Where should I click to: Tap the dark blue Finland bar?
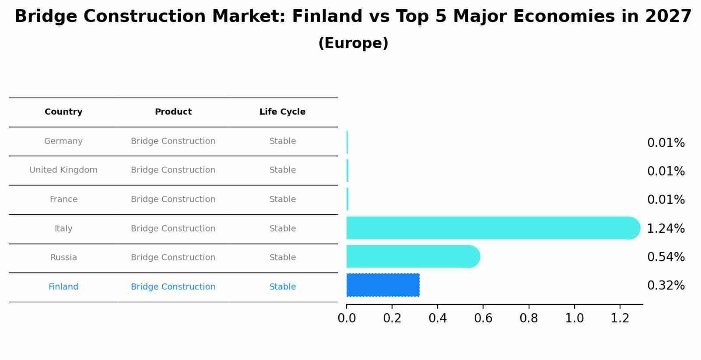tap(383, 285)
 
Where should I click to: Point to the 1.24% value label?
tap(666, 228)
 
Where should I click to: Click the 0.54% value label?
tap(666, 257)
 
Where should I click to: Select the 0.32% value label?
tap(666, 286)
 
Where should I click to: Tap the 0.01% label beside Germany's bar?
tap(666, 143)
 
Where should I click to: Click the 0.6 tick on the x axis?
tap(483, 318)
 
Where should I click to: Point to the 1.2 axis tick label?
tap(620, 318)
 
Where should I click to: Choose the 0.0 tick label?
tap(347, 318)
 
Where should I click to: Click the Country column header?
tap(63, 112)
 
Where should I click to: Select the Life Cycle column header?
tap(282, 112)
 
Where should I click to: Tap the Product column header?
tap(173, 112)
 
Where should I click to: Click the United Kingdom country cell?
tap(63, 170)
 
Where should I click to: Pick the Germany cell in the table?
tap(63, 141)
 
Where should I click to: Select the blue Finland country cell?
tap(63, 287)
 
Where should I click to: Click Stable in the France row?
tap(282, 199)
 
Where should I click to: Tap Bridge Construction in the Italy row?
tap(173, 229)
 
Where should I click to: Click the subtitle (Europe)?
tap(353, 43)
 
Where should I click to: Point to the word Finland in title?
tap(327, 17)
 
